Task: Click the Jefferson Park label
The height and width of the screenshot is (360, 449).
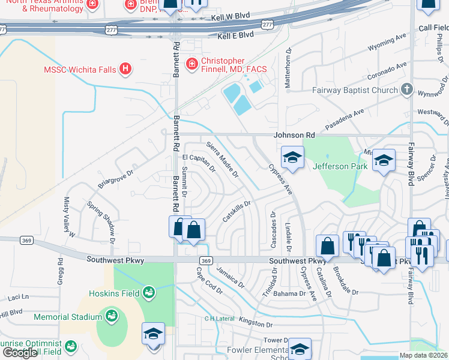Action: (339, 166)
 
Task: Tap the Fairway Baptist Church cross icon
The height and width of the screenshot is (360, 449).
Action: (407, 90)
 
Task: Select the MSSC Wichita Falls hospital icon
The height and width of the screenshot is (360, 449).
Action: (125, 69)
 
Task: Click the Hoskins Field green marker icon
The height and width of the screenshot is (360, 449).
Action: (148, 293)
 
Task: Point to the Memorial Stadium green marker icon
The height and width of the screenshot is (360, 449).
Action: (110, 316)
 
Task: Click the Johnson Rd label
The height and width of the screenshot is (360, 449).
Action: (295, 136)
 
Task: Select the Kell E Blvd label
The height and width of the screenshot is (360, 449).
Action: (235, 36)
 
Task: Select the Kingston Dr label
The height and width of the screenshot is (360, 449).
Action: (256, 323)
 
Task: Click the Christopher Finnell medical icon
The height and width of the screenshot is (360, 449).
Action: (191, 63)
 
